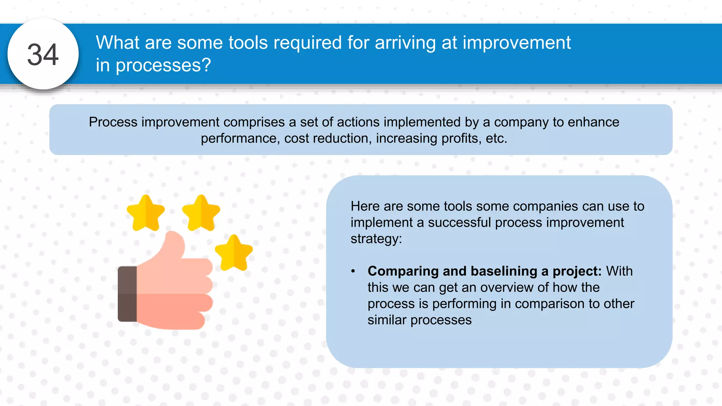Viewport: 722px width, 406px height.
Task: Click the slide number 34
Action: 43,55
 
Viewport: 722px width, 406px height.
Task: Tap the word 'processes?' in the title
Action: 163,66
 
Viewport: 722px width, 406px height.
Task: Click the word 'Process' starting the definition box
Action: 113,122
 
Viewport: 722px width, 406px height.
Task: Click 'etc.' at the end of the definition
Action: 496,138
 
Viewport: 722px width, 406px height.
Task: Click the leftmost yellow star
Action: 145,213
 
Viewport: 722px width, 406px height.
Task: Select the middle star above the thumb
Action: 201,213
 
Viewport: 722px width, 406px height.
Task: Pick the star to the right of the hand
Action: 234,253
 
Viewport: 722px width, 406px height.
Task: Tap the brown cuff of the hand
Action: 127,294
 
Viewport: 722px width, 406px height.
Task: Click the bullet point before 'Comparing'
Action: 353,271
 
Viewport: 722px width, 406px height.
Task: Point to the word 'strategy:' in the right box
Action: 376,239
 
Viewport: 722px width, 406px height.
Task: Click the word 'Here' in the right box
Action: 365,206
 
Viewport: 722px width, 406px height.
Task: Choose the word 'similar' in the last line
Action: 387,320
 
